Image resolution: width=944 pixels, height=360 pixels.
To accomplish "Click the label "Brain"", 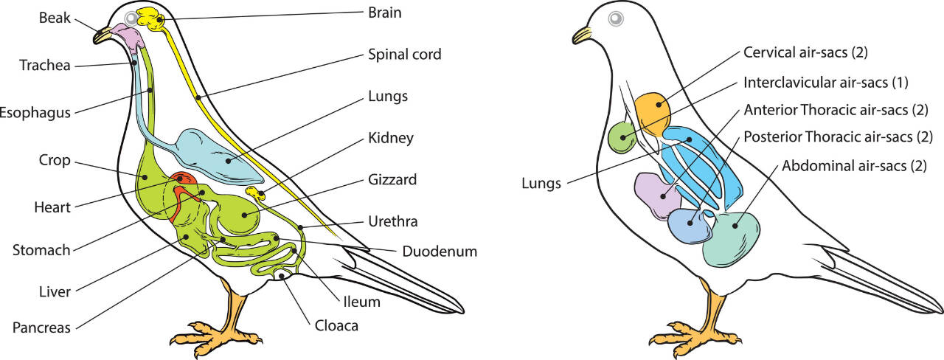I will (386, 13).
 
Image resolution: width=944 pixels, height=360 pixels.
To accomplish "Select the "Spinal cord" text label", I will (404, 55).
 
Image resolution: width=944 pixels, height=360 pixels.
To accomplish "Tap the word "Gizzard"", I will (391, 179).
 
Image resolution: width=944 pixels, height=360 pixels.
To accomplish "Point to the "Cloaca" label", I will (336, 325).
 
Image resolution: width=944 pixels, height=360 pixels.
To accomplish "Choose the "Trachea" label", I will (45, 66).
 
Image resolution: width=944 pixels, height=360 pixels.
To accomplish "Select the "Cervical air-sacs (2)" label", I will (804, 53).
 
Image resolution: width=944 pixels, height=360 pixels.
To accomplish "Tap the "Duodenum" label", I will (440, 252).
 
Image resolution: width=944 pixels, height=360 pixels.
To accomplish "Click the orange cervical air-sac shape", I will (653, 112).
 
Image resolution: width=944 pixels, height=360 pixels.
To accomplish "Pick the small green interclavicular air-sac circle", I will (621, 137).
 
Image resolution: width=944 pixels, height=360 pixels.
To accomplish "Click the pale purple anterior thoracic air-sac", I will (653, 193).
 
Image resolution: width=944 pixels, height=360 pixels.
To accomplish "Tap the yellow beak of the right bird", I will (584, 33).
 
